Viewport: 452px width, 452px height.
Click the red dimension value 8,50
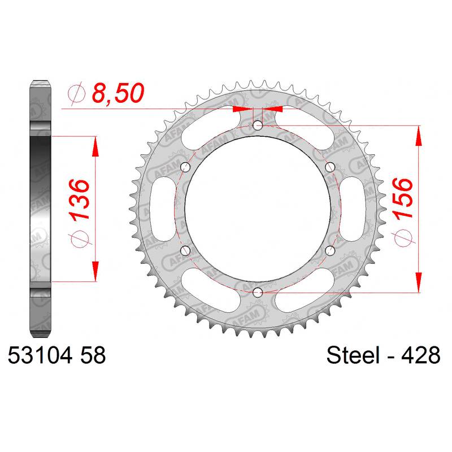pos(118,93)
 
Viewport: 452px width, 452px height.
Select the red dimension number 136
pos(79,200)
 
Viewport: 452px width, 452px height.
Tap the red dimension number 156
pos(402,199)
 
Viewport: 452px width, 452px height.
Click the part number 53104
pos(40,355)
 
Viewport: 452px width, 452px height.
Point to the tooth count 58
pos(93,355)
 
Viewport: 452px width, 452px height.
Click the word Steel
pos(353,355)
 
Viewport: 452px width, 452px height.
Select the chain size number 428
pos(420,355)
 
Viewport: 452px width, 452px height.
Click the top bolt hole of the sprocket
pos(258,125)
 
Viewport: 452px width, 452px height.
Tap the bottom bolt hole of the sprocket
pos(258,293)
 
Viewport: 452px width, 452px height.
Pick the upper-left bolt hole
pos(185,167)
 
